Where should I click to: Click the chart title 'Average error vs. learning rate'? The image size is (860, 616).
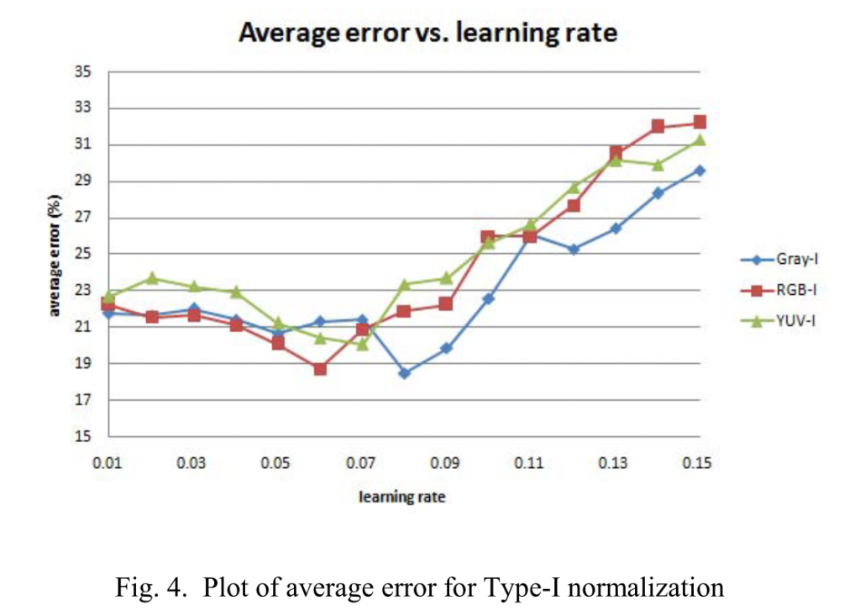coord(428,33)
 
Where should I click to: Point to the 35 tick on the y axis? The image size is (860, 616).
coord(83,71)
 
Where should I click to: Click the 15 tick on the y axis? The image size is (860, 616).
coord(83,437)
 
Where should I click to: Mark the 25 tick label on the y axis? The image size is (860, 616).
coord(83,255)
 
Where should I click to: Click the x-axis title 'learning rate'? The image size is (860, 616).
coord(402,497)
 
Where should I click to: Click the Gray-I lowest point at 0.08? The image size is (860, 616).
coord(404,373)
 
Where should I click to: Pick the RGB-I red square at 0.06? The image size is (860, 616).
coord(320,369)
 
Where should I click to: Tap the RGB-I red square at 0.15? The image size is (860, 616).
coord(700,123)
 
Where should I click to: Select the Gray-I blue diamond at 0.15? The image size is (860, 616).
coord(700,171)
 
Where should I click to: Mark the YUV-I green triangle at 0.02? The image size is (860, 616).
coord(151,277)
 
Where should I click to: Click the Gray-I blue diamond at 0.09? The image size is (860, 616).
coord(446,348)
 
